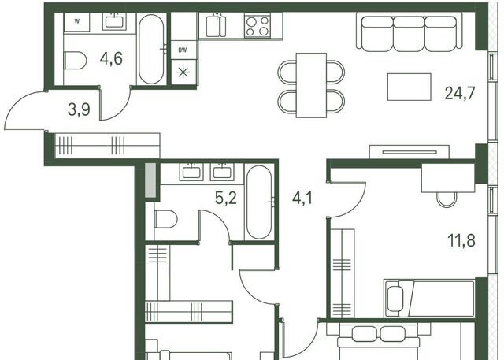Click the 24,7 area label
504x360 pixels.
click(460, 93)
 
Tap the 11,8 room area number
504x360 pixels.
click(461, 240)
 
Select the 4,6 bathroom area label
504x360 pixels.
click(111, 58)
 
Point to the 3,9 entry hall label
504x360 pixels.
click(79, 109)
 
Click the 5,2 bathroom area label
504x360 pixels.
click(226, 198)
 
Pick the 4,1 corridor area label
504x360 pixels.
click(302, 198)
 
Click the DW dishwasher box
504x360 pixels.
click(183, 50)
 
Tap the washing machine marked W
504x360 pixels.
click(77, 22)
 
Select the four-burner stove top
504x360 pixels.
click(258, 26)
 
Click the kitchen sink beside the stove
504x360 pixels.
click(216, 25)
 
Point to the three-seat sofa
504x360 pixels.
click(409, 32)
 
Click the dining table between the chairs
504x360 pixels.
click(311, 86)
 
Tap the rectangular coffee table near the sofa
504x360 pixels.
click(409, 87)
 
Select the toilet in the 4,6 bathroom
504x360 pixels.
click(76, 60)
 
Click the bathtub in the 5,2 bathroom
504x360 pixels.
click(259, 202)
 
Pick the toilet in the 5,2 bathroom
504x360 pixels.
click(165, 219)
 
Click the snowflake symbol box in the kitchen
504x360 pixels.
click(183, 72)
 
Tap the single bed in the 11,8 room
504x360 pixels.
click(429, 299)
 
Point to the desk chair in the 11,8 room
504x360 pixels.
click(447, 199)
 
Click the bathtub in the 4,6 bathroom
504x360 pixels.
click(152, 49)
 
